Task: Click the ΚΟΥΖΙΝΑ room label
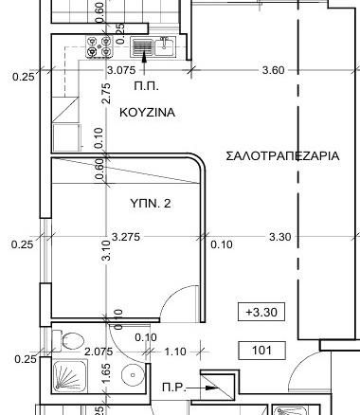[147, 112]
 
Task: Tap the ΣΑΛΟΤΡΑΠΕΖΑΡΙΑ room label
[282, 155]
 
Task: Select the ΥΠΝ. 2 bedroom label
[151, 203]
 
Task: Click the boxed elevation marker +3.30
[261, 312]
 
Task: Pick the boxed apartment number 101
[261, 351]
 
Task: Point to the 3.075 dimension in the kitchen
[121, 70]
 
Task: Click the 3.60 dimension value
[274, 70]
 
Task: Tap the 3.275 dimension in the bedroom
[126, 237]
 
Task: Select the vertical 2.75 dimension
[107, 93]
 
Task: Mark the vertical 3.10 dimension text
[107, 250]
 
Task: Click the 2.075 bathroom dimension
[99, 352]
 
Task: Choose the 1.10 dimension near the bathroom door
[175, 352]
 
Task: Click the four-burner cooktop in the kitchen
[99, 46]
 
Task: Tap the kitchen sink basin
[165, 46]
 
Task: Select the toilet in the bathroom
[68, 340]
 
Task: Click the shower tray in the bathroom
[69, 375]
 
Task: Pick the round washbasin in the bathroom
[133, 375]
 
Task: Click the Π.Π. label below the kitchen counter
[146, 86]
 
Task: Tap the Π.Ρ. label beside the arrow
[174, 388]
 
